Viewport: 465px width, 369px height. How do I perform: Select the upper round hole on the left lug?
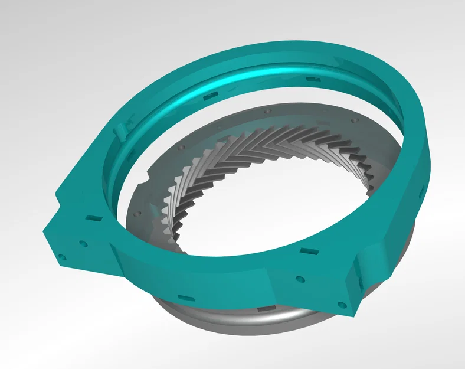coord(83,243)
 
